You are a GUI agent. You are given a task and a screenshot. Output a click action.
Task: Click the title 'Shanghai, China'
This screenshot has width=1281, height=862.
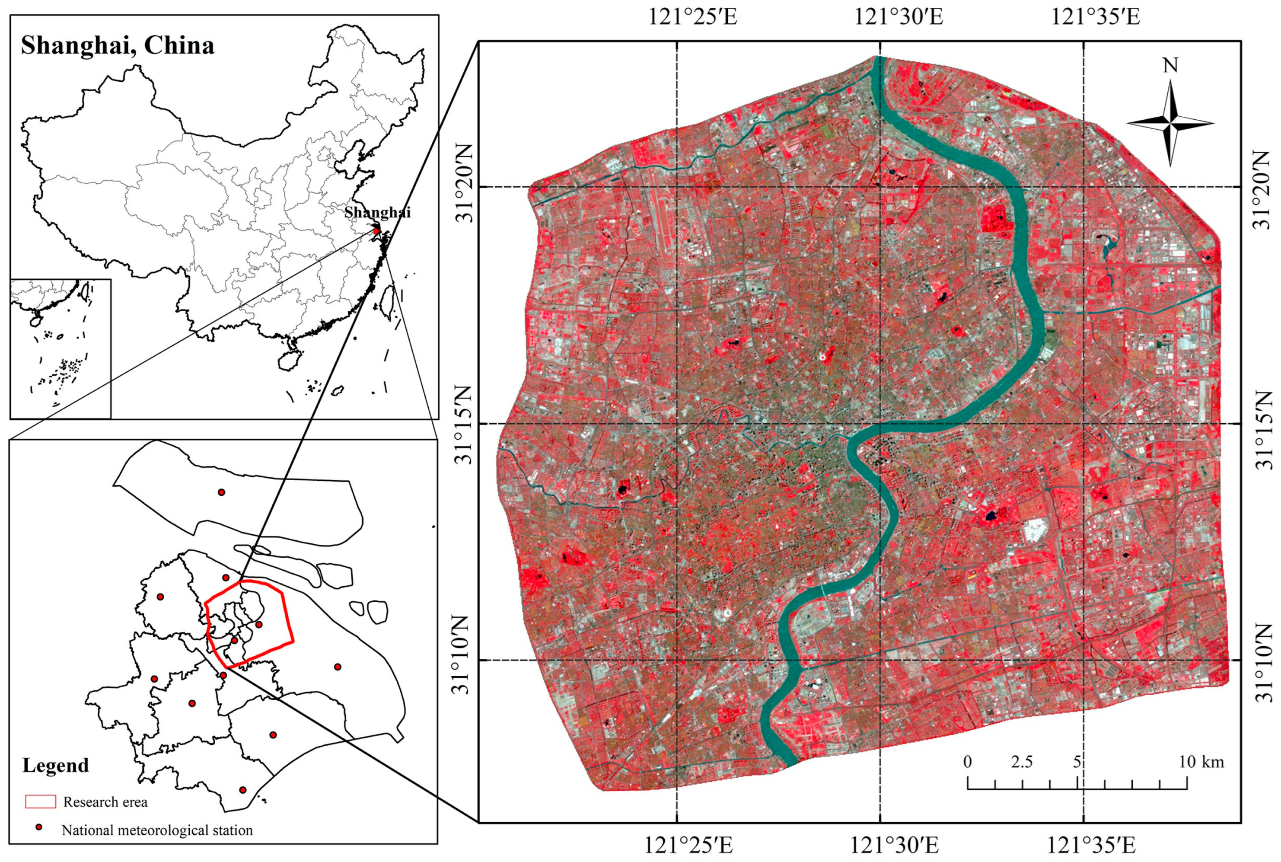(x=118, y=46)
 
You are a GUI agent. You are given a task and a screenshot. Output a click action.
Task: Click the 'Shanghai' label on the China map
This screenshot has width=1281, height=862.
(x=378, y=212)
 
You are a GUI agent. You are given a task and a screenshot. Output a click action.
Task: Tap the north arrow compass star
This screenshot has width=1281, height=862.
(x=1170, y=123)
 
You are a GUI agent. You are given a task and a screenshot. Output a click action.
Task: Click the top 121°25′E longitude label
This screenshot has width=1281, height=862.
(x=693, y=17)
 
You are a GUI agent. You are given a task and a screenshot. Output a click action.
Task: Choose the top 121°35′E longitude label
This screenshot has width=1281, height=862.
(x=1095, y=17)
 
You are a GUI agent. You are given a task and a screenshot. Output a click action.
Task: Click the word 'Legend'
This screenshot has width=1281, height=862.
(x=55, y=765)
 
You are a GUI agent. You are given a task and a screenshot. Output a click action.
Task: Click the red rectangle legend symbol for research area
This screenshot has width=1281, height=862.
(x=41, y=801)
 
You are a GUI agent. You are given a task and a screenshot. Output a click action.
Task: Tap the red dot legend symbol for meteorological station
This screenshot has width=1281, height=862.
(x=38, y=827)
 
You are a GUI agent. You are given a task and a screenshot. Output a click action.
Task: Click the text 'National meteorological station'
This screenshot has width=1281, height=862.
(x=157, y=830)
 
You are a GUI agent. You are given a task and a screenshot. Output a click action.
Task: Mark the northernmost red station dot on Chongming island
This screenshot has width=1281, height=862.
(x=221, y=492)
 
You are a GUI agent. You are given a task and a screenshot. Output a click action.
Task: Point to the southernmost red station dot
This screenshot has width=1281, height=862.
(x=243, y=789)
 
